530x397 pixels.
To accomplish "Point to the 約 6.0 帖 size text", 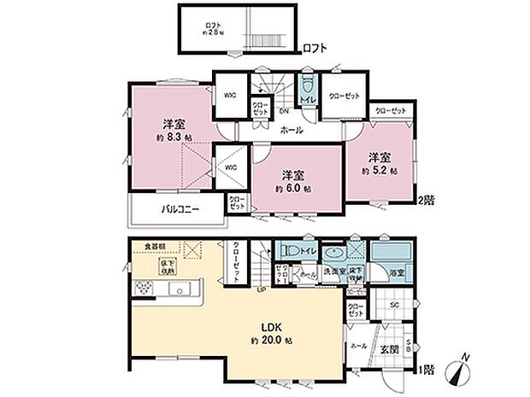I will [293, 187].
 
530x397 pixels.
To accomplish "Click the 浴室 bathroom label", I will [397, 273].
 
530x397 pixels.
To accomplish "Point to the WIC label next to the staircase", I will [230, 96].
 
